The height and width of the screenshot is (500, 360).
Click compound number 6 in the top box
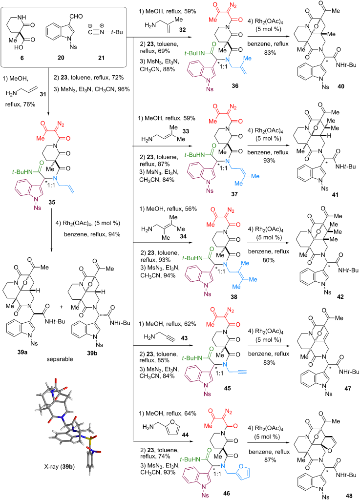[22, 58]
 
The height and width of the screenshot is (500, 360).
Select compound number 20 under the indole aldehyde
[61, 58]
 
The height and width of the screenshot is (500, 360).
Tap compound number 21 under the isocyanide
[101, 58]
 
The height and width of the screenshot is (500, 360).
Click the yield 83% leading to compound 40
[270, 53]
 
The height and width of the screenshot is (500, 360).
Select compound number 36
[234, 86]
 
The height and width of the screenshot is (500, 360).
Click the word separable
[60, 359]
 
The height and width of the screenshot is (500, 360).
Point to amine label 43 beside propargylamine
[184, 338]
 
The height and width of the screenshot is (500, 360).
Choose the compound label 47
[348, 388]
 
